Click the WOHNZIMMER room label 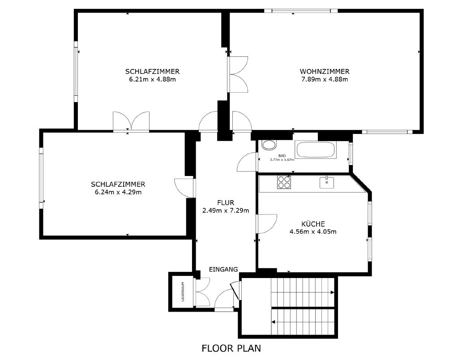click(x=325, y=71)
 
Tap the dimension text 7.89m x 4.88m click(x=325, y=79)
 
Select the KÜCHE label click(x=313, y=224)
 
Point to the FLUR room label click(x=226, y=202)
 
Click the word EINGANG click(x=223, y=270)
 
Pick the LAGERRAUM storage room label click(x=183, y=291)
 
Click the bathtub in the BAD click(x=316, y=150)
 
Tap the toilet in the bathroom click(x=269, y=145)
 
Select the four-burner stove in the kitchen click(x=284, y=182)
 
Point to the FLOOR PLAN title click(x=231, y=348)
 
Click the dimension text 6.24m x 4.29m click(x=118, y=192)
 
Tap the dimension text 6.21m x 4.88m click(x=153, y=79)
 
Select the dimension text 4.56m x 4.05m click(x=313, y=232)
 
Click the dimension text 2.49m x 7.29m click(x=226, y=210)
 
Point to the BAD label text click(x=282, y=156)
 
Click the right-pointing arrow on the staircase click(x=332, y=292)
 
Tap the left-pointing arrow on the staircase click(x=274, y=322)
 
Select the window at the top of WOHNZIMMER click(x=301, y=11)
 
